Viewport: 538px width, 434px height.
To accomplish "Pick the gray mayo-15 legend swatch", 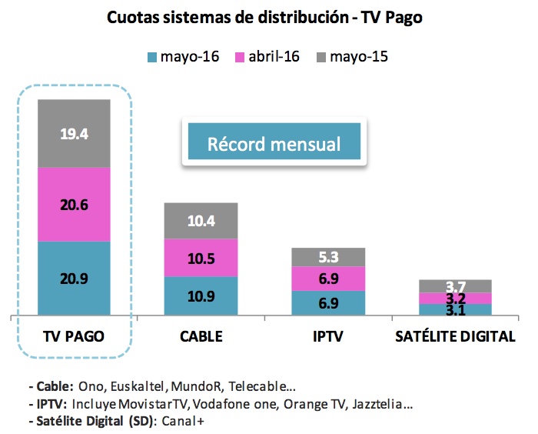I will [x=320, y=56].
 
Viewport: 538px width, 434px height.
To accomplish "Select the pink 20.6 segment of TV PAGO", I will [x=75, y=205].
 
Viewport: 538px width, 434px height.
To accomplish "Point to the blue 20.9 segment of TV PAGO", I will [x=75, y=278].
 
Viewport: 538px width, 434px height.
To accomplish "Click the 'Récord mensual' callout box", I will [x=274, y=143].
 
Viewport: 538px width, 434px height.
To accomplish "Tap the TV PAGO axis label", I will [x=74, y=336].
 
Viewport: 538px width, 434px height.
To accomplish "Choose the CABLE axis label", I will [x=202, y=336].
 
